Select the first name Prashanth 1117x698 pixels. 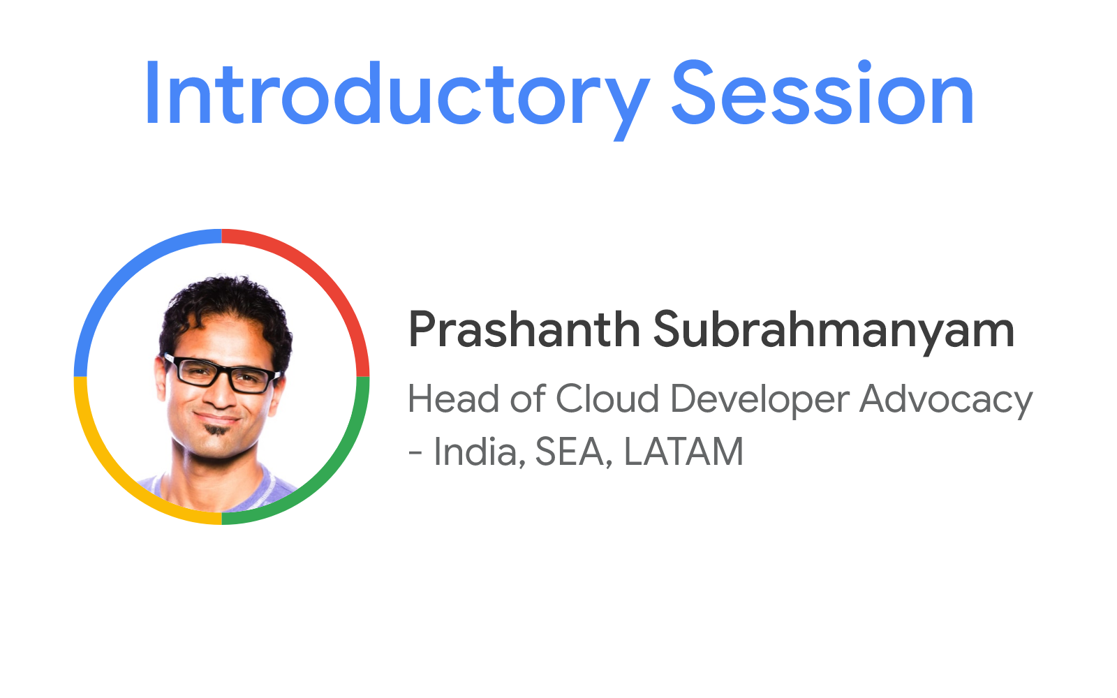(x=524, y=329)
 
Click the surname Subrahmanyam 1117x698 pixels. (x=834, y=332)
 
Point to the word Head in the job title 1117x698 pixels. (x=453, y=399)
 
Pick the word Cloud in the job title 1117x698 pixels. (x=607, y=399)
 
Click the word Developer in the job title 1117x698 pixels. (x=760, y=401)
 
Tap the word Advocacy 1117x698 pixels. (x=946, y=401)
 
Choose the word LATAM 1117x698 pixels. (x=683, y=451)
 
